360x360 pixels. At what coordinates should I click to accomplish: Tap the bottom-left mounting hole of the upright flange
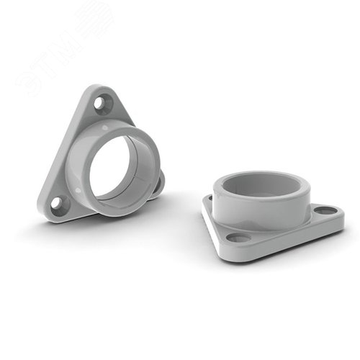[56, 204]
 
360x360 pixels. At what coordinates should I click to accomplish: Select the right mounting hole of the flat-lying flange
[325, 211]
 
